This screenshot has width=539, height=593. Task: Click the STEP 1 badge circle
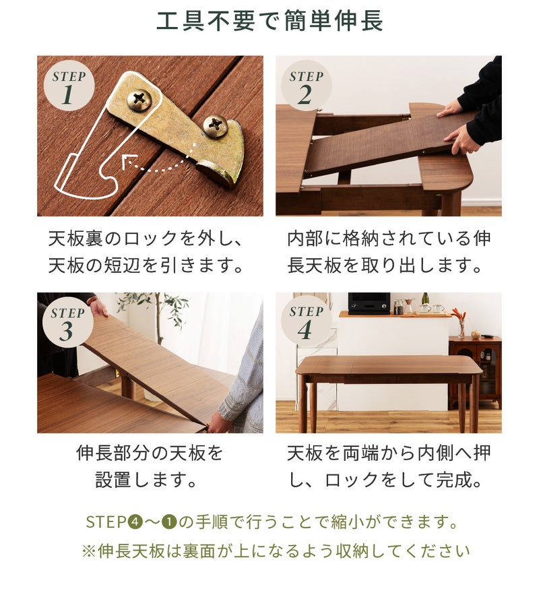69,86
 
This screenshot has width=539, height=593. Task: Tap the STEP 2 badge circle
307,86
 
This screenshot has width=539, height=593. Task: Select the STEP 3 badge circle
68,322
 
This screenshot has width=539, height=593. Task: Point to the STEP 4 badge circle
307,321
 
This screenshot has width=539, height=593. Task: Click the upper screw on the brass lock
139,100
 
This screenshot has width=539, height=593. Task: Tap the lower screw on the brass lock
215,126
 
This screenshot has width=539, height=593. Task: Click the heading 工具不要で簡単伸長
269,21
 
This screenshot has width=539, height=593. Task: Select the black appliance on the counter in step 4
369,303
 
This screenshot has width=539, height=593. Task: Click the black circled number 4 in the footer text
135,522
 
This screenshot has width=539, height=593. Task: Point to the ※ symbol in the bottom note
89,551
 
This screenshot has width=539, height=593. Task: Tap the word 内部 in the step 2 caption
305,239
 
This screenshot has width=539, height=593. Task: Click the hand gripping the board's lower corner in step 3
218,423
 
